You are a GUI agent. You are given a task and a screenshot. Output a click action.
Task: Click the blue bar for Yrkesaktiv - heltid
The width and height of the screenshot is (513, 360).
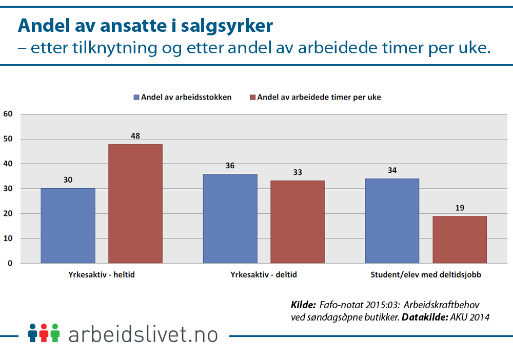tap(68, 226)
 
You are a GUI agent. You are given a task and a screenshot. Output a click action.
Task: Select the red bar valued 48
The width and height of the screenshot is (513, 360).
tap(135, 204)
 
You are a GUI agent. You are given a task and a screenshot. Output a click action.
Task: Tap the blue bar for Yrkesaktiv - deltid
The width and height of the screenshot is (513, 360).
tap(230, 218)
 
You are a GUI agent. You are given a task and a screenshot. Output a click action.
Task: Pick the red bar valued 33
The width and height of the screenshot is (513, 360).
tap(298, 222)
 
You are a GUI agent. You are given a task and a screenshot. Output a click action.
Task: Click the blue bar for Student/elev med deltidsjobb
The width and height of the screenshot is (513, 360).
tap(392, 221)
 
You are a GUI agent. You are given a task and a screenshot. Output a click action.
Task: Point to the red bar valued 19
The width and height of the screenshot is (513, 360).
tap(460, 239)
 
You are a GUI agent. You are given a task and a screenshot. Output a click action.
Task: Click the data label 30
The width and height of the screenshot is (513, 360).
tap(68, 180)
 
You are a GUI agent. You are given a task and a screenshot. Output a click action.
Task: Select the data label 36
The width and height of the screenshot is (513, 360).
tap(230, 166)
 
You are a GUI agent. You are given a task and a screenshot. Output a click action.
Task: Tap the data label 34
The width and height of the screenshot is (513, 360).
tap(392, 170)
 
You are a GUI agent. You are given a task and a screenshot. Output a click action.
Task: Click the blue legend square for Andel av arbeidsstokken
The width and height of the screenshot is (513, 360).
tap(136, 97)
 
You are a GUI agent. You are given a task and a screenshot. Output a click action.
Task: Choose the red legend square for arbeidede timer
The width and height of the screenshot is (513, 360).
tap(252, 97)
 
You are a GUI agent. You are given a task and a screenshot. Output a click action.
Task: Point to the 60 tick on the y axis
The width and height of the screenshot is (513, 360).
tap(8, 114)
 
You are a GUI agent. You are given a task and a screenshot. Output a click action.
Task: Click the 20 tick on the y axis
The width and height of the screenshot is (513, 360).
tap(8, 213)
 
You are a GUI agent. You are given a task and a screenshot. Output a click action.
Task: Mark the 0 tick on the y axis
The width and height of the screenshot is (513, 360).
tap(10, 263)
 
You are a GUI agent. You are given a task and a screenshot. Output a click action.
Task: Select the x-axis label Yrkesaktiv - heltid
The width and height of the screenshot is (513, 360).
tap(102, 275)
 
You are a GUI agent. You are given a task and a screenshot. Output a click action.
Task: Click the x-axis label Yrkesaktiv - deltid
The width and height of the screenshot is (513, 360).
tap(264, 275)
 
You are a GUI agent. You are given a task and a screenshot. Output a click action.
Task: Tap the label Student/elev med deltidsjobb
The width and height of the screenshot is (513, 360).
tap(426, 275)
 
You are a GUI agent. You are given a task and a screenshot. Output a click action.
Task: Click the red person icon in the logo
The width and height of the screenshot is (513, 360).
tap(44, 333)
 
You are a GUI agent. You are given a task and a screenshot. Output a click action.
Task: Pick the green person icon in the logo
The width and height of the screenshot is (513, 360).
tap(55, 333)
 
